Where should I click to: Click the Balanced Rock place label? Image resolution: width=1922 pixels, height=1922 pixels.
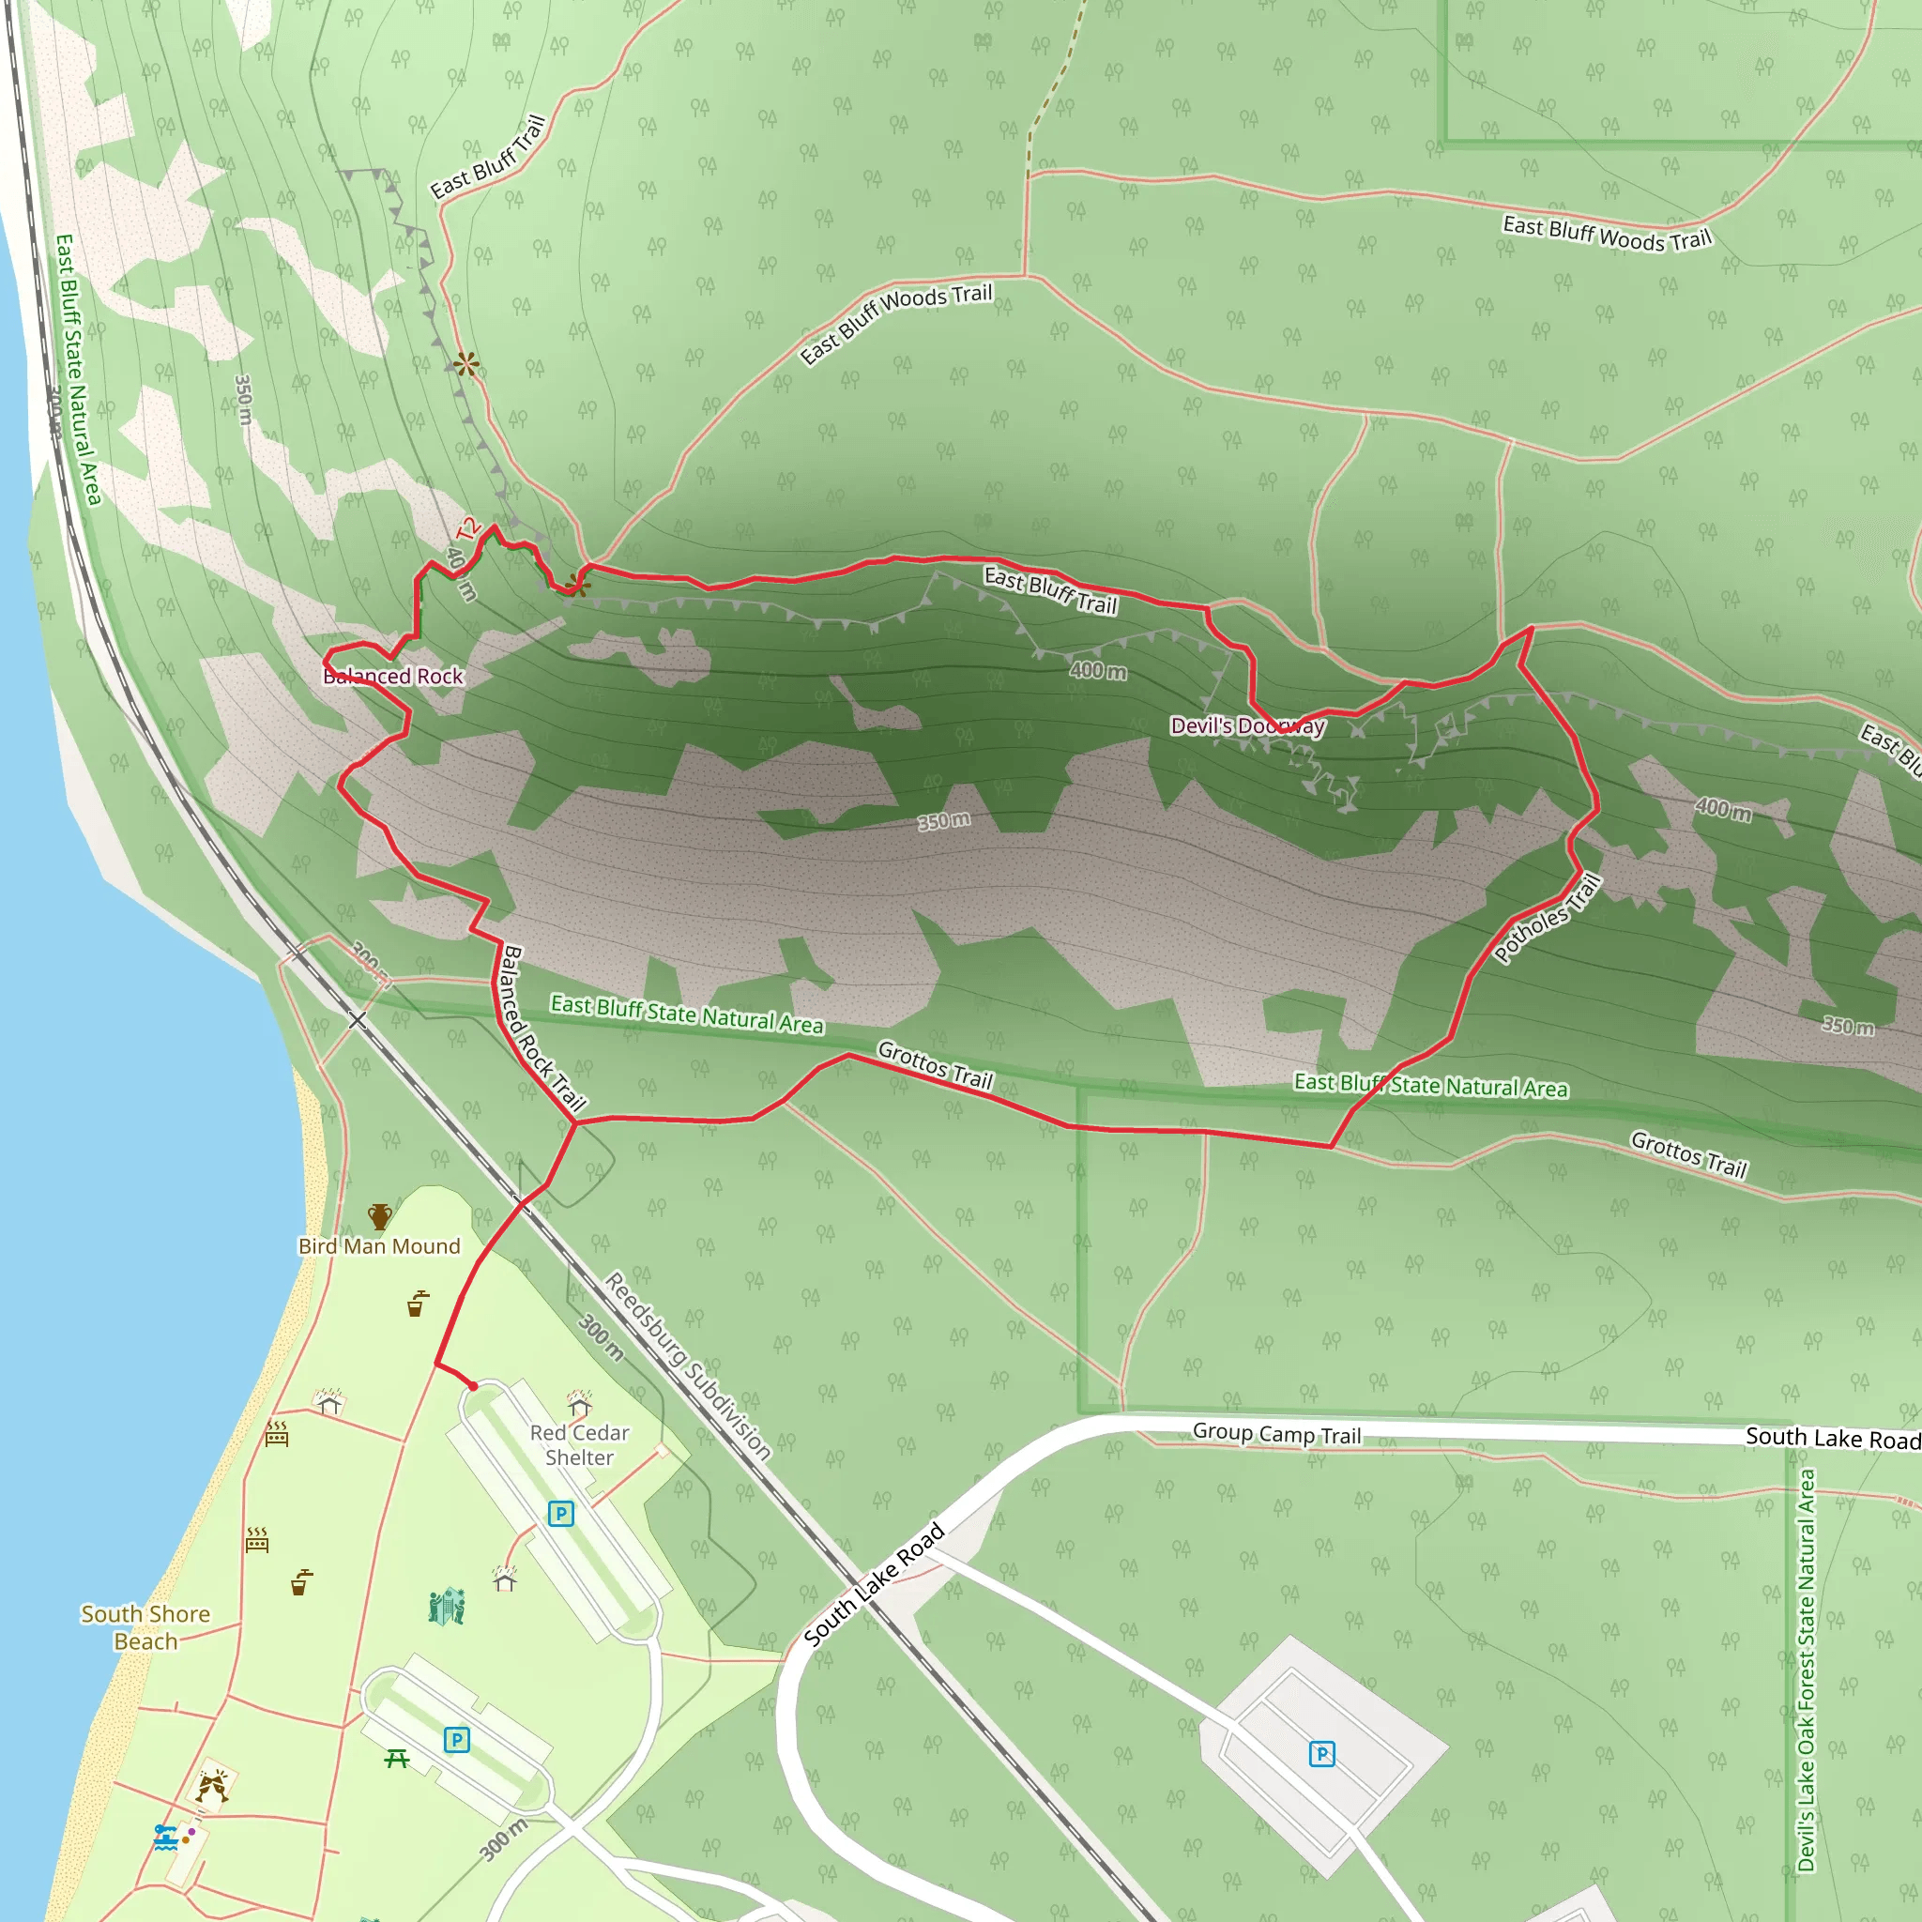[x=393, y=677]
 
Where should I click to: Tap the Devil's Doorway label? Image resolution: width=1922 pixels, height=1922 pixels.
[x=1246, y=726]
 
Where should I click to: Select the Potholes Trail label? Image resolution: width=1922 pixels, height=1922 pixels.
[x=1548, y=918]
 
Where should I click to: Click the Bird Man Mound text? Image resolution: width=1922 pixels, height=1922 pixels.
[x=379, y=1246]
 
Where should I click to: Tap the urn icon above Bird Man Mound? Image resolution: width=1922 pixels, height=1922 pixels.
[x=379, y=1215]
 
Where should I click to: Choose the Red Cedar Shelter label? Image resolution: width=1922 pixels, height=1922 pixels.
[x=579, y=1444]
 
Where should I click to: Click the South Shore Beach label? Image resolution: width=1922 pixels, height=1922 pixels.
[x=145, y=1627]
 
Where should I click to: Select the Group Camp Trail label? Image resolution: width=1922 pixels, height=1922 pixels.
[x=1276, y=1434]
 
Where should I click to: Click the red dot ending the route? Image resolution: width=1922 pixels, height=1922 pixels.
[x=474, y=1386]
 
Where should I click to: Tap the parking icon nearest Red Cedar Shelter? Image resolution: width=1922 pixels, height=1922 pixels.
[x=561, y=1514]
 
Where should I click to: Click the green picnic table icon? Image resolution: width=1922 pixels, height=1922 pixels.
[x=397, y=1759]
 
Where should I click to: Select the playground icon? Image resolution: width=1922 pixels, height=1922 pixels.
[x=447, y=1606]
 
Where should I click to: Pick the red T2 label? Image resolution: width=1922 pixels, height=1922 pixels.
[x=468, y=529]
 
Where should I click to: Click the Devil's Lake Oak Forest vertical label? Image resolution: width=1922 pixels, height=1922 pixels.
[x=1807, y=1671]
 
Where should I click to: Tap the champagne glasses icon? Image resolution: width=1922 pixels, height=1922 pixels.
[x=211, y=1787]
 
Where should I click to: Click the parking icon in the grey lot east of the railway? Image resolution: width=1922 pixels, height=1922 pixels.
[x=1321, y=1753]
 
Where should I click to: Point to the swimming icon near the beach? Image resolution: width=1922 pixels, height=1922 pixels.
[x=165, y=1837]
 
